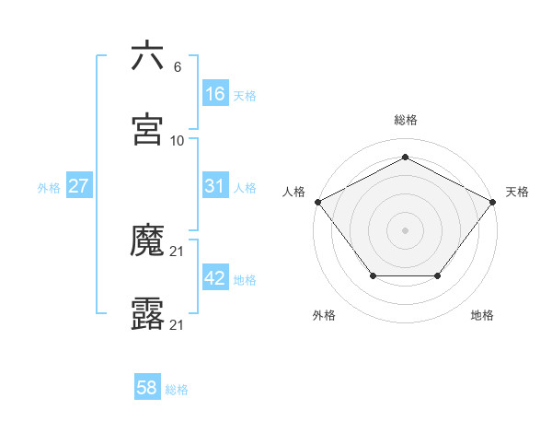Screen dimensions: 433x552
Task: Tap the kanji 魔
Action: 148,242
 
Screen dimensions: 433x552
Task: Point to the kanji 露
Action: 148,315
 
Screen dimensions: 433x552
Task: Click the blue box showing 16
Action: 215,94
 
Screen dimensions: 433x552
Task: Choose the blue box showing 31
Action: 215,186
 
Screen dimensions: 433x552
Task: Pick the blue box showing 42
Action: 215,278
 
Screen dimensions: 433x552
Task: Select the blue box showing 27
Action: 79,186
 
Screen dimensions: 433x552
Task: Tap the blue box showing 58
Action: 147,388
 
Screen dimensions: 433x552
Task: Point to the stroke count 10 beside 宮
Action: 178,141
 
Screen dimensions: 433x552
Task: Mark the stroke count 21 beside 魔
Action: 178,252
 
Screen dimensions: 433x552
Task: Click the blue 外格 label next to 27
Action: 49,187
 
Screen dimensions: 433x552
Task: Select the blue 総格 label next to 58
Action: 177,390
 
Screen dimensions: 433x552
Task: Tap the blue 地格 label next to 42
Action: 245,280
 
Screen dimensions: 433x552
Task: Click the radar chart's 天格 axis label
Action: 517,192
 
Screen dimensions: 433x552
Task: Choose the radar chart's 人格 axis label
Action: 294,192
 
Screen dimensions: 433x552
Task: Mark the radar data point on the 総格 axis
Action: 405,158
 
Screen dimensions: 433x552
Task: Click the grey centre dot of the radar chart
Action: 405,229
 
